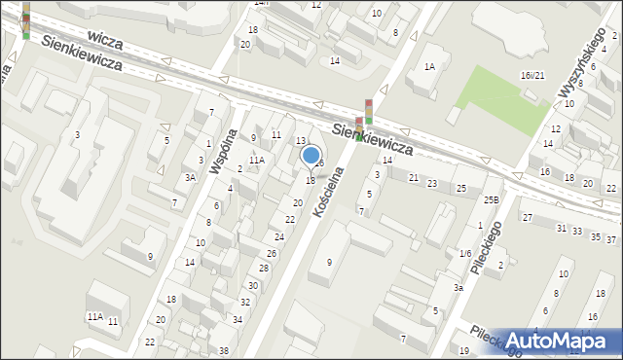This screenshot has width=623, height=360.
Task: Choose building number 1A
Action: pyautogui.click(x=428, y=67)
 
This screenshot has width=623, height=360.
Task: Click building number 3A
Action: pyautogui.click(x=191, y=177)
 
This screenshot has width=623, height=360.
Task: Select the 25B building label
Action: pyautogui.click(x=491, y=200)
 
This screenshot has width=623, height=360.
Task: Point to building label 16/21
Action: pyautogui.click(x=531, y=76)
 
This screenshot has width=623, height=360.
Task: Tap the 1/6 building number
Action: pyautogui.click(x=465, y=253)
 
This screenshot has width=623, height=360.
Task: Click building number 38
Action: pyautogui.click(x=224, y=350)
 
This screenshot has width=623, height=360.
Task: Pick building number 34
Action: pyautogui.click(x=237, y=319)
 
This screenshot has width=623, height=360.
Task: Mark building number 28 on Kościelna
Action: pyautogui.click(x=263, y=268)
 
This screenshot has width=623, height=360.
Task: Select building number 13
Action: pyautogui.click(x=301, y=141)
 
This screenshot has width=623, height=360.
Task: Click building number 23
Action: pyautogui.click(x=432, y=183)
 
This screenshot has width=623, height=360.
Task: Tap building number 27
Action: pyautogui.click(x=527, y=218)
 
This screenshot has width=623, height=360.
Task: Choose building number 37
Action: pyautogui.click(x=611, y=239)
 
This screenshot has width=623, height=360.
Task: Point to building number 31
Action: pyautogui.click(x=561, y=228)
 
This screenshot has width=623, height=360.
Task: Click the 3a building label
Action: pyautogui.click(x=457, y=288)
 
